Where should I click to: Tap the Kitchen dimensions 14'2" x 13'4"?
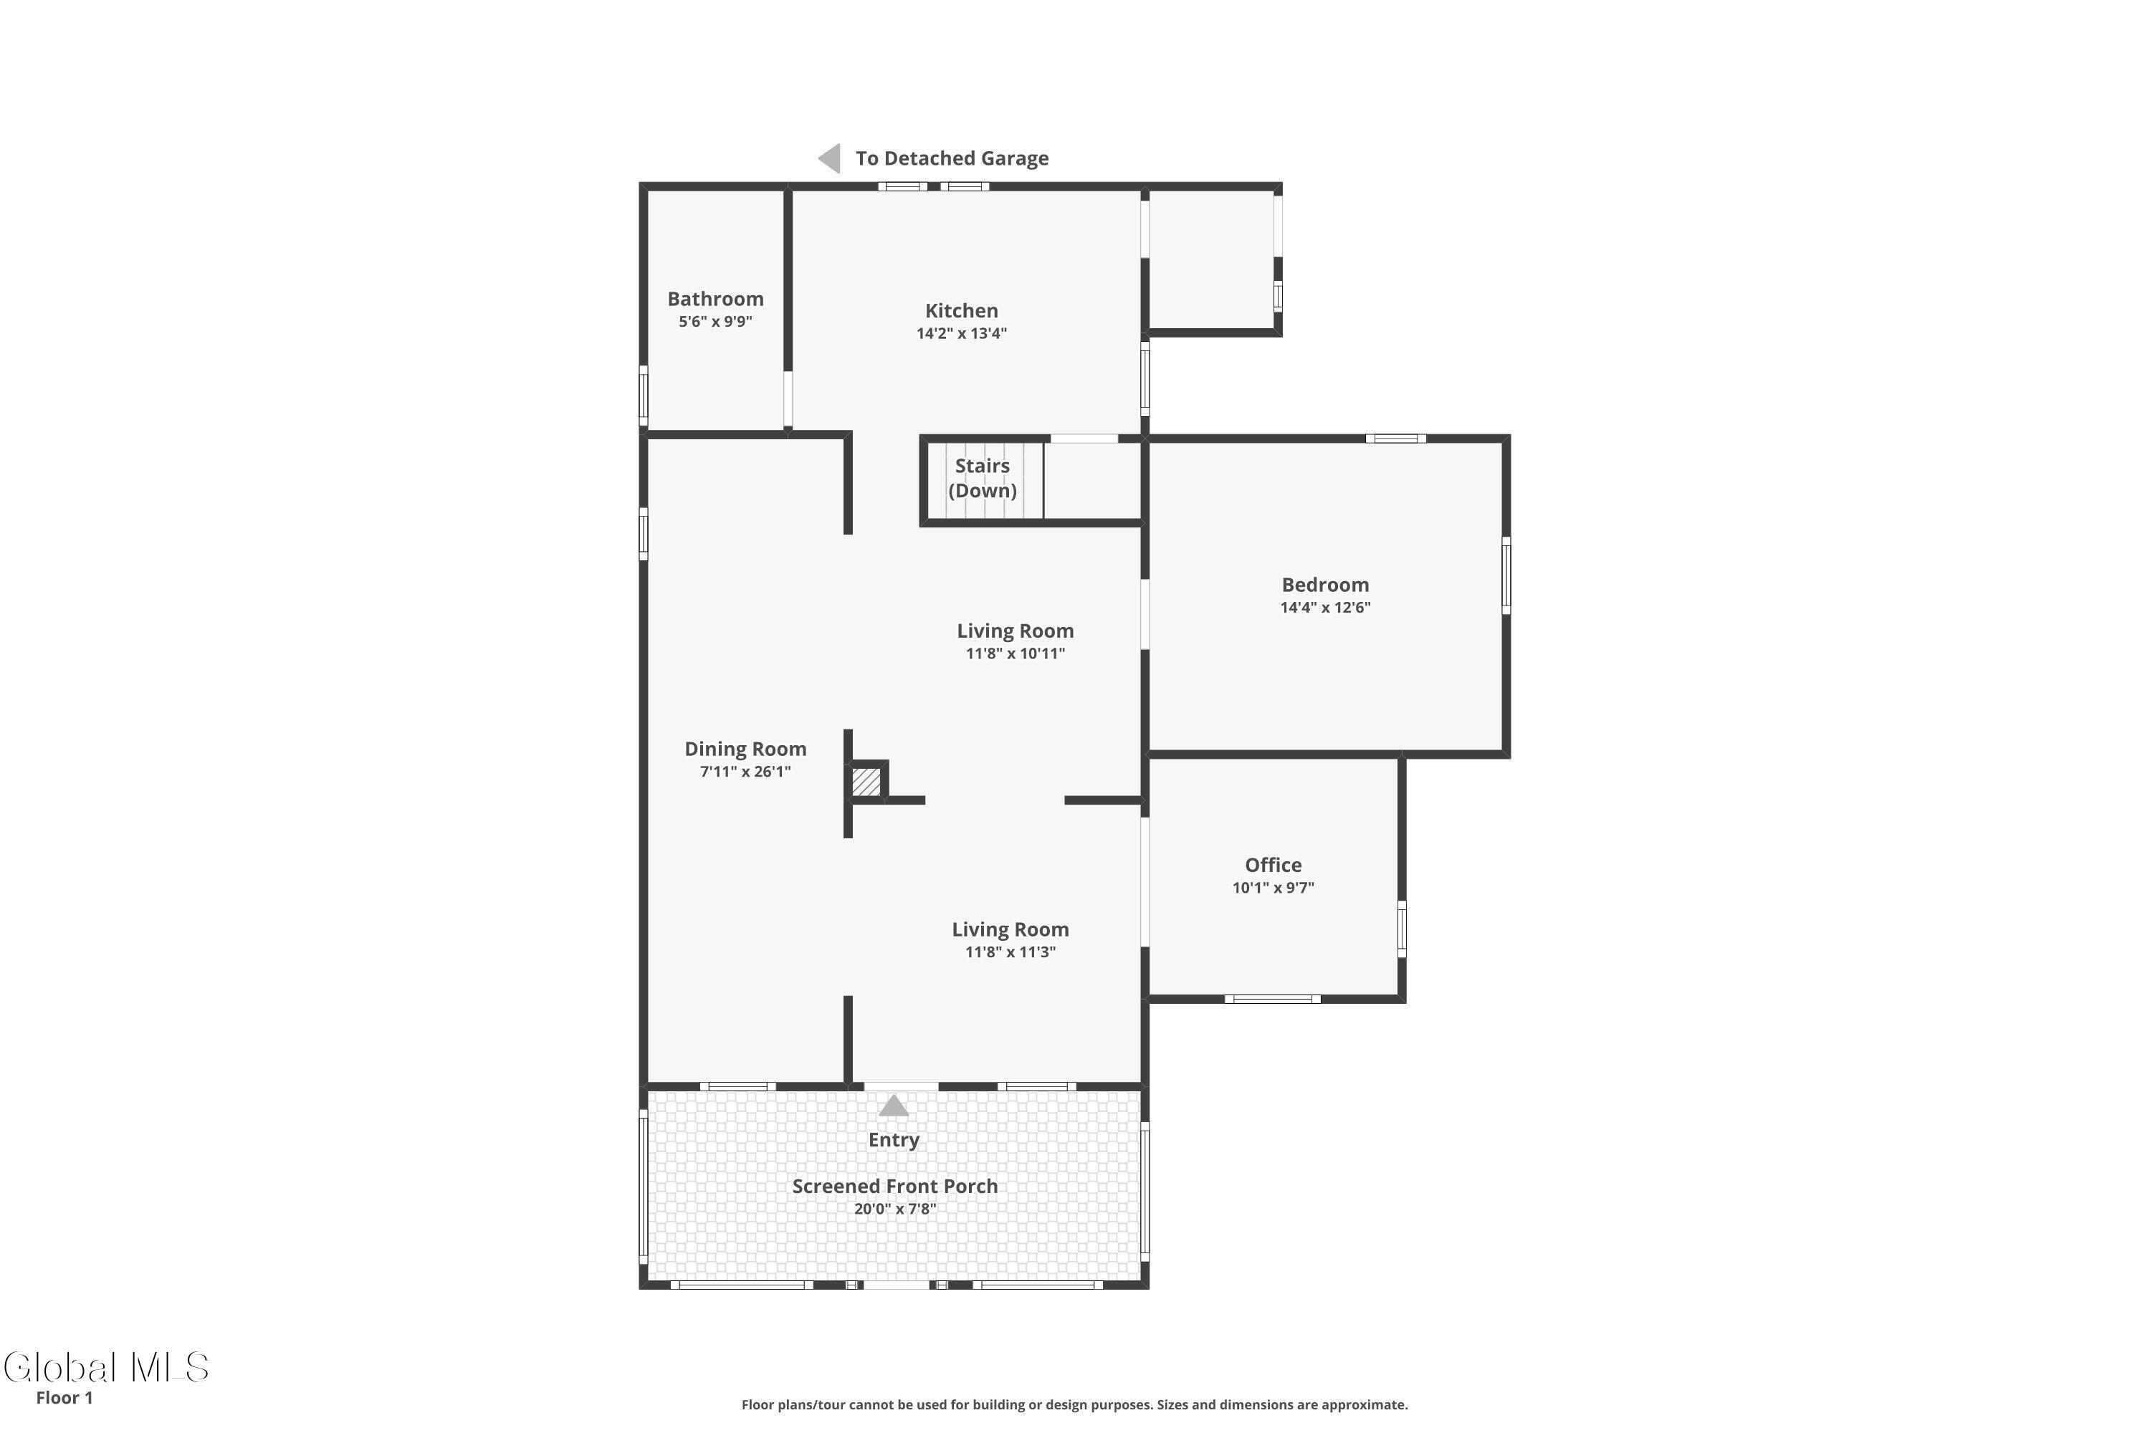(962, 334)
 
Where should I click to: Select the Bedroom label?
(1324, 585)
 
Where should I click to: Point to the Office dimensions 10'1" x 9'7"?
(1273, 888)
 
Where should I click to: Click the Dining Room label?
(745, 749)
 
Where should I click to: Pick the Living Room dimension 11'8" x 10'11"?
(1015, 653)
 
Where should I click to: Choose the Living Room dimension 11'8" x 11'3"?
(1010, 952)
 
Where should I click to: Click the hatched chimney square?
(866, 782)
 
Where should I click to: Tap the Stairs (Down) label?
(983, 478)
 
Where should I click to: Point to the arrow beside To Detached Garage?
(829, 158)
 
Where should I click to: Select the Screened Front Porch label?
(895, 1187)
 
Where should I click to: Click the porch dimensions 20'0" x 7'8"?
(895, 1209)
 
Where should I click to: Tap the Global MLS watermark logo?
(106, 1367)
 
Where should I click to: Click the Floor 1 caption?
(64, 1397)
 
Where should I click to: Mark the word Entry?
(893, 1141)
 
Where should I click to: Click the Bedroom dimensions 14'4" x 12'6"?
(1324, 608)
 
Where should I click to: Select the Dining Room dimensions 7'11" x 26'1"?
(745, 772)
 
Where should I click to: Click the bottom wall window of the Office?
(1273, 999)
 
